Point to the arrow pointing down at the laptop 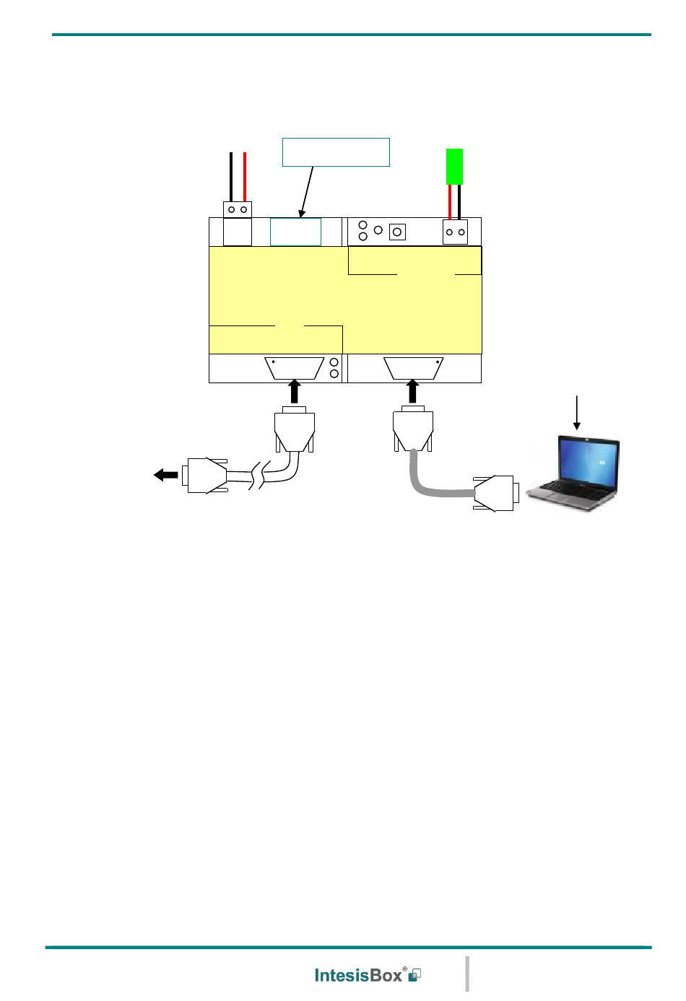click(x=576, y=413)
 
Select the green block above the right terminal click(x=454, y=167)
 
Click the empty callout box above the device click(x=336, y=152)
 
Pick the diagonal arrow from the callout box click(x=307, y=192)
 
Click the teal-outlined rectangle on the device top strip click(x=295, y=232)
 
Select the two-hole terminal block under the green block click(x=455, y=232)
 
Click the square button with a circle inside click(x=397, y=232)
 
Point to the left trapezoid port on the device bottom click(x=294, y=368)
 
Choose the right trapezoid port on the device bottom click(x=413, y=368)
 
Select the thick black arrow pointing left click(x=166, y=474)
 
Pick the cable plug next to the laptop click(x=495, y=494)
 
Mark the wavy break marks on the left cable click(x=257, y=475)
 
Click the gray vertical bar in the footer click(x=467, y=974)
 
